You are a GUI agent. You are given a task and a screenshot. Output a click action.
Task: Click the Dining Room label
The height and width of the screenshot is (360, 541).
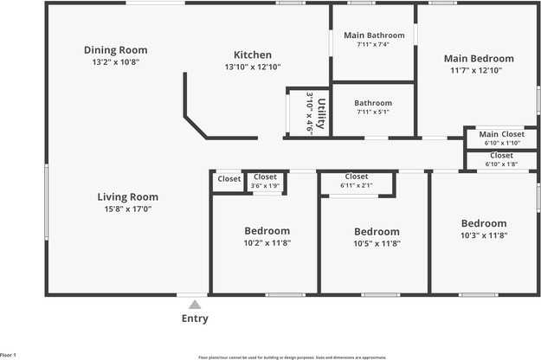click(115, 49)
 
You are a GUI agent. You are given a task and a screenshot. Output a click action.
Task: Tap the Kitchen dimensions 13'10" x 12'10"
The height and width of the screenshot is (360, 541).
click(253, 67)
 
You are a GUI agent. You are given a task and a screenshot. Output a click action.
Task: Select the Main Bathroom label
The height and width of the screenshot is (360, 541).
click(373, 35)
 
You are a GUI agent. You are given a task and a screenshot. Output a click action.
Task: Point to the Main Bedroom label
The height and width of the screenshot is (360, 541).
click(479, 59)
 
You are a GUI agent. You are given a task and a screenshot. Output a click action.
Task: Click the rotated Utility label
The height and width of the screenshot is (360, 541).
click(321, 114)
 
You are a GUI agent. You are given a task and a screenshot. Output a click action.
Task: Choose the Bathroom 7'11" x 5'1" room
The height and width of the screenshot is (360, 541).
click(373, 107)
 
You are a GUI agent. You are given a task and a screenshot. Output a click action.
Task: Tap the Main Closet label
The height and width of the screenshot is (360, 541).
click(502, 134)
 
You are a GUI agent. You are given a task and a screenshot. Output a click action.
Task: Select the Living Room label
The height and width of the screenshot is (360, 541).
click(127, 196)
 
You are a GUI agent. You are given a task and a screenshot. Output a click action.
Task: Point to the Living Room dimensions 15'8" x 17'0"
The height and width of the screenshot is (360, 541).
click(127, 209)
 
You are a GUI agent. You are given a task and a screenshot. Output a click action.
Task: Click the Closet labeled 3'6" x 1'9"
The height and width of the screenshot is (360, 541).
click(265, 181)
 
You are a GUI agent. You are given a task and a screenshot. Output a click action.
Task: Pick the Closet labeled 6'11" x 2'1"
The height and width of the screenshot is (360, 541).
click(357, 181)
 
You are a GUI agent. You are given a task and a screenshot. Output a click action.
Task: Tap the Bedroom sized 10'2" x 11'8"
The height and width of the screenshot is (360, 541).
click(267, 237)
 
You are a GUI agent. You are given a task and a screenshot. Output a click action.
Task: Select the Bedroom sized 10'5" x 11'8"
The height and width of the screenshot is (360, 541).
click(377, 237)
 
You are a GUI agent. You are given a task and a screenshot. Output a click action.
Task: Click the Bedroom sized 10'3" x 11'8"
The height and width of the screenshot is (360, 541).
click(483, 228)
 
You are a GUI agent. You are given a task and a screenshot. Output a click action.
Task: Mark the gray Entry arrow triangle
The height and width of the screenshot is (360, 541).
click(195, 304)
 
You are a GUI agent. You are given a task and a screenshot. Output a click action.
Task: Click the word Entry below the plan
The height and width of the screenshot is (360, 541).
click(195, 318)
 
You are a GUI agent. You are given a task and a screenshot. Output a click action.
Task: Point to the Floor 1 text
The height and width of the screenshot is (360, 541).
click(9, 355)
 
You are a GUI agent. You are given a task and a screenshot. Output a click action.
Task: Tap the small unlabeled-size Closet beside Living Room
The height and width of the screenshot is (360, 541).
click(229, 179)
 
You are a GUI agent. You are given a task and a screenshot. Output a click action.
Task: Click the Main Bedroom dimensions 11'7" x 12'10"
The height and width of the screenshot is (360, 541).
click(479, 71)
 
